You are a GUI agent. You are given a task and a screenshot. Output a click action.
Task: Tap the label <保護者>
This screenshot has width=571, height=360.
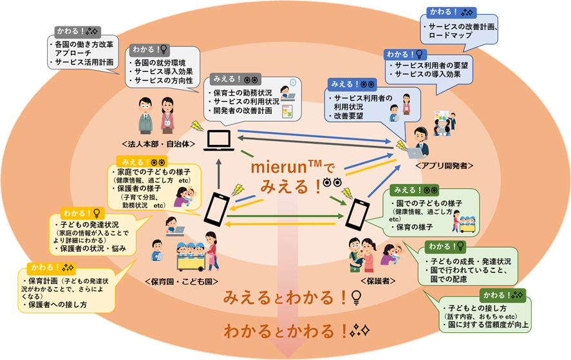pyautogui.click(x=368, y=281)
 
